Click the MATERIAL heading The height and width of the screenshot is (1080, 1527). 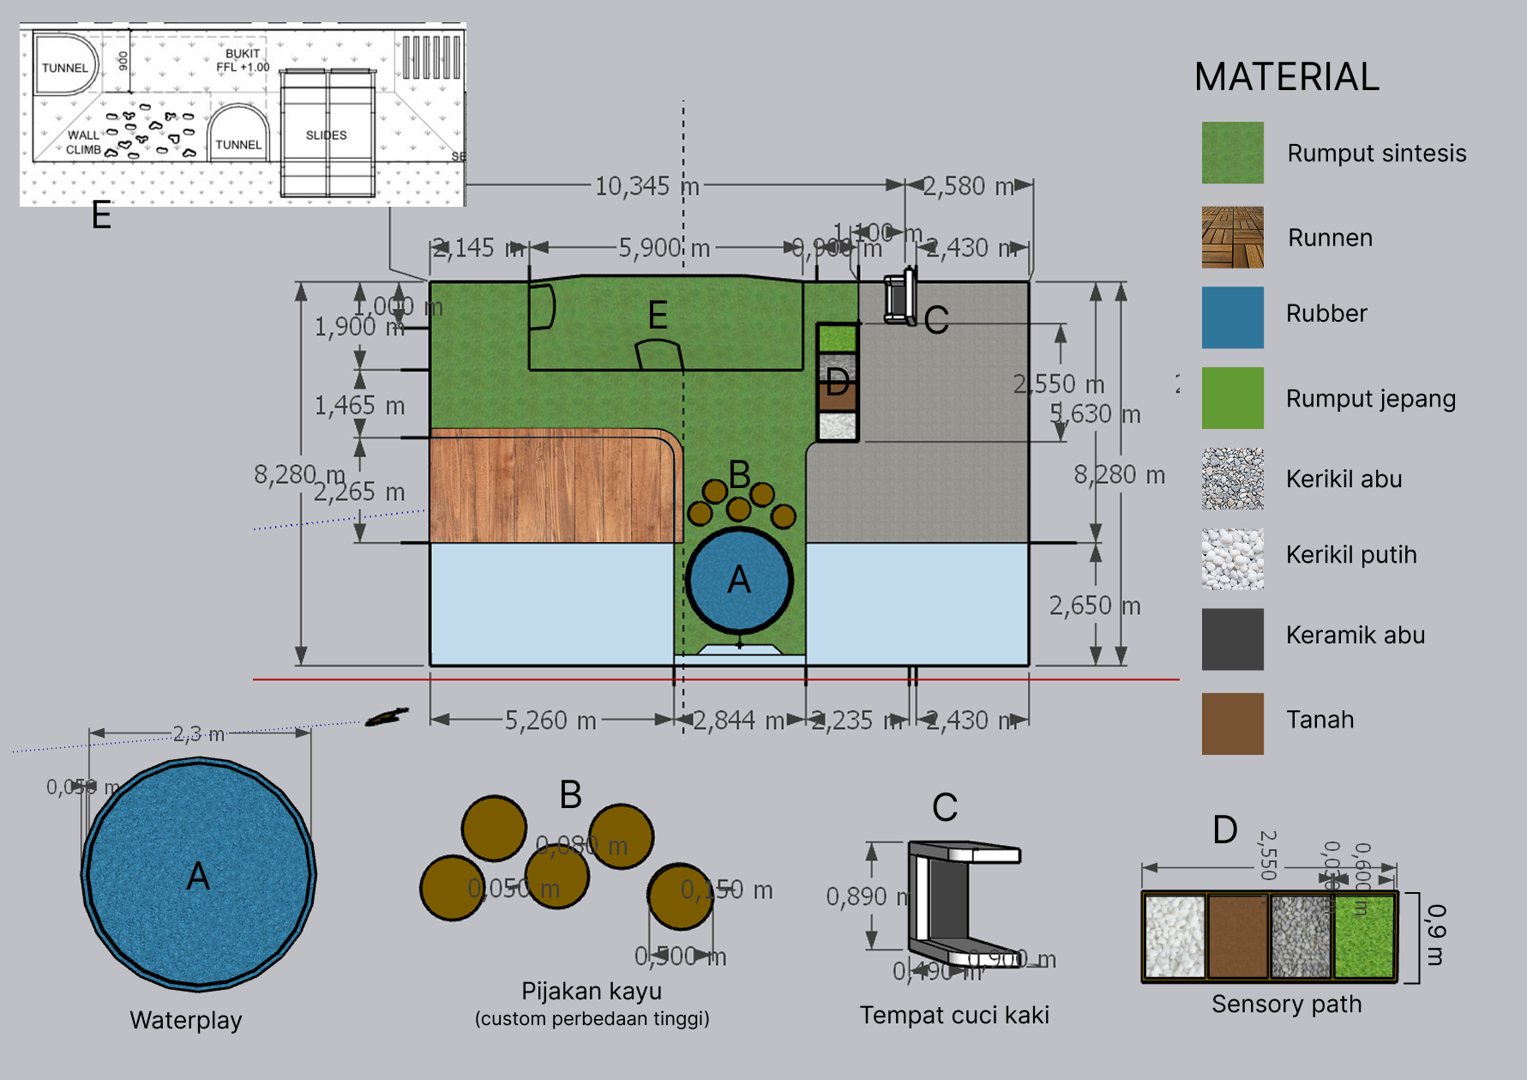point(1286,77)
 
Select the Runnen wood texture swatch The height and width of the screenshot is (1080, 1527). point(1232,237)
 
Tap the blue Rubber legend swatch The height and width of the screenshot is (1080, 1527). point(1232,317)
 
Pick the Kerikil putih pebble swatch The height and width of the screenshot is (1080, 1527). point(1232,558)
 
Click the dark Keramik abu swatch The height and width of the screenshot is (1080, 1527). point(1232,639)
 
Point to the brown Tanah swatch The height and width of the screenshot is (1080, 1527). point(1232,723)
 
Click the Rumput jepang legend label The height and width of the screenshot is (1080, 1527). point(1370,399)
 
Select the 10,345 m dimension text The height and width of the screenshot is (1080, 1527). point(646,186)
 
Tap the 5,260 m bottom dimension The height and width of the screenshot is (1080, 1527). point(550,721)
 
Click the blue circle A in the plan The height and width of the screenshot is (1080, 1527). point(738,581)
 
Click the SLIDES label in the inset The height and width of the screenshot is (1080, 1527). point(326,136)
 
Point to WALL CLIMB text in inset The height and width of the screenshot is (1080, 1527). point(83,142)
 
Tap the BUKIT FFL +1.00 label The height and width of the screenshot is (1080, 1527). point(243,60)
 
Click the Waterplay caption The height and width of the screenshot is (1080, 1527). point(186,1020)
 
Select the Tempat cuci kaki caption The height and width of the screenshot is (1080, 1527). point(954,1015)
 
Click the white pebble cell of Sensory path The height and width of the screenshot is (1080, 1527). point(1175,936)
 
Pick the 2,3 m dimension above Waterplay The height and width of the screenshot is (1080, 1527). point(199,733)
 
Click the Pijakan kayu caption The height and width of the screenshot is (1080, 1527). point(592,991)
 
